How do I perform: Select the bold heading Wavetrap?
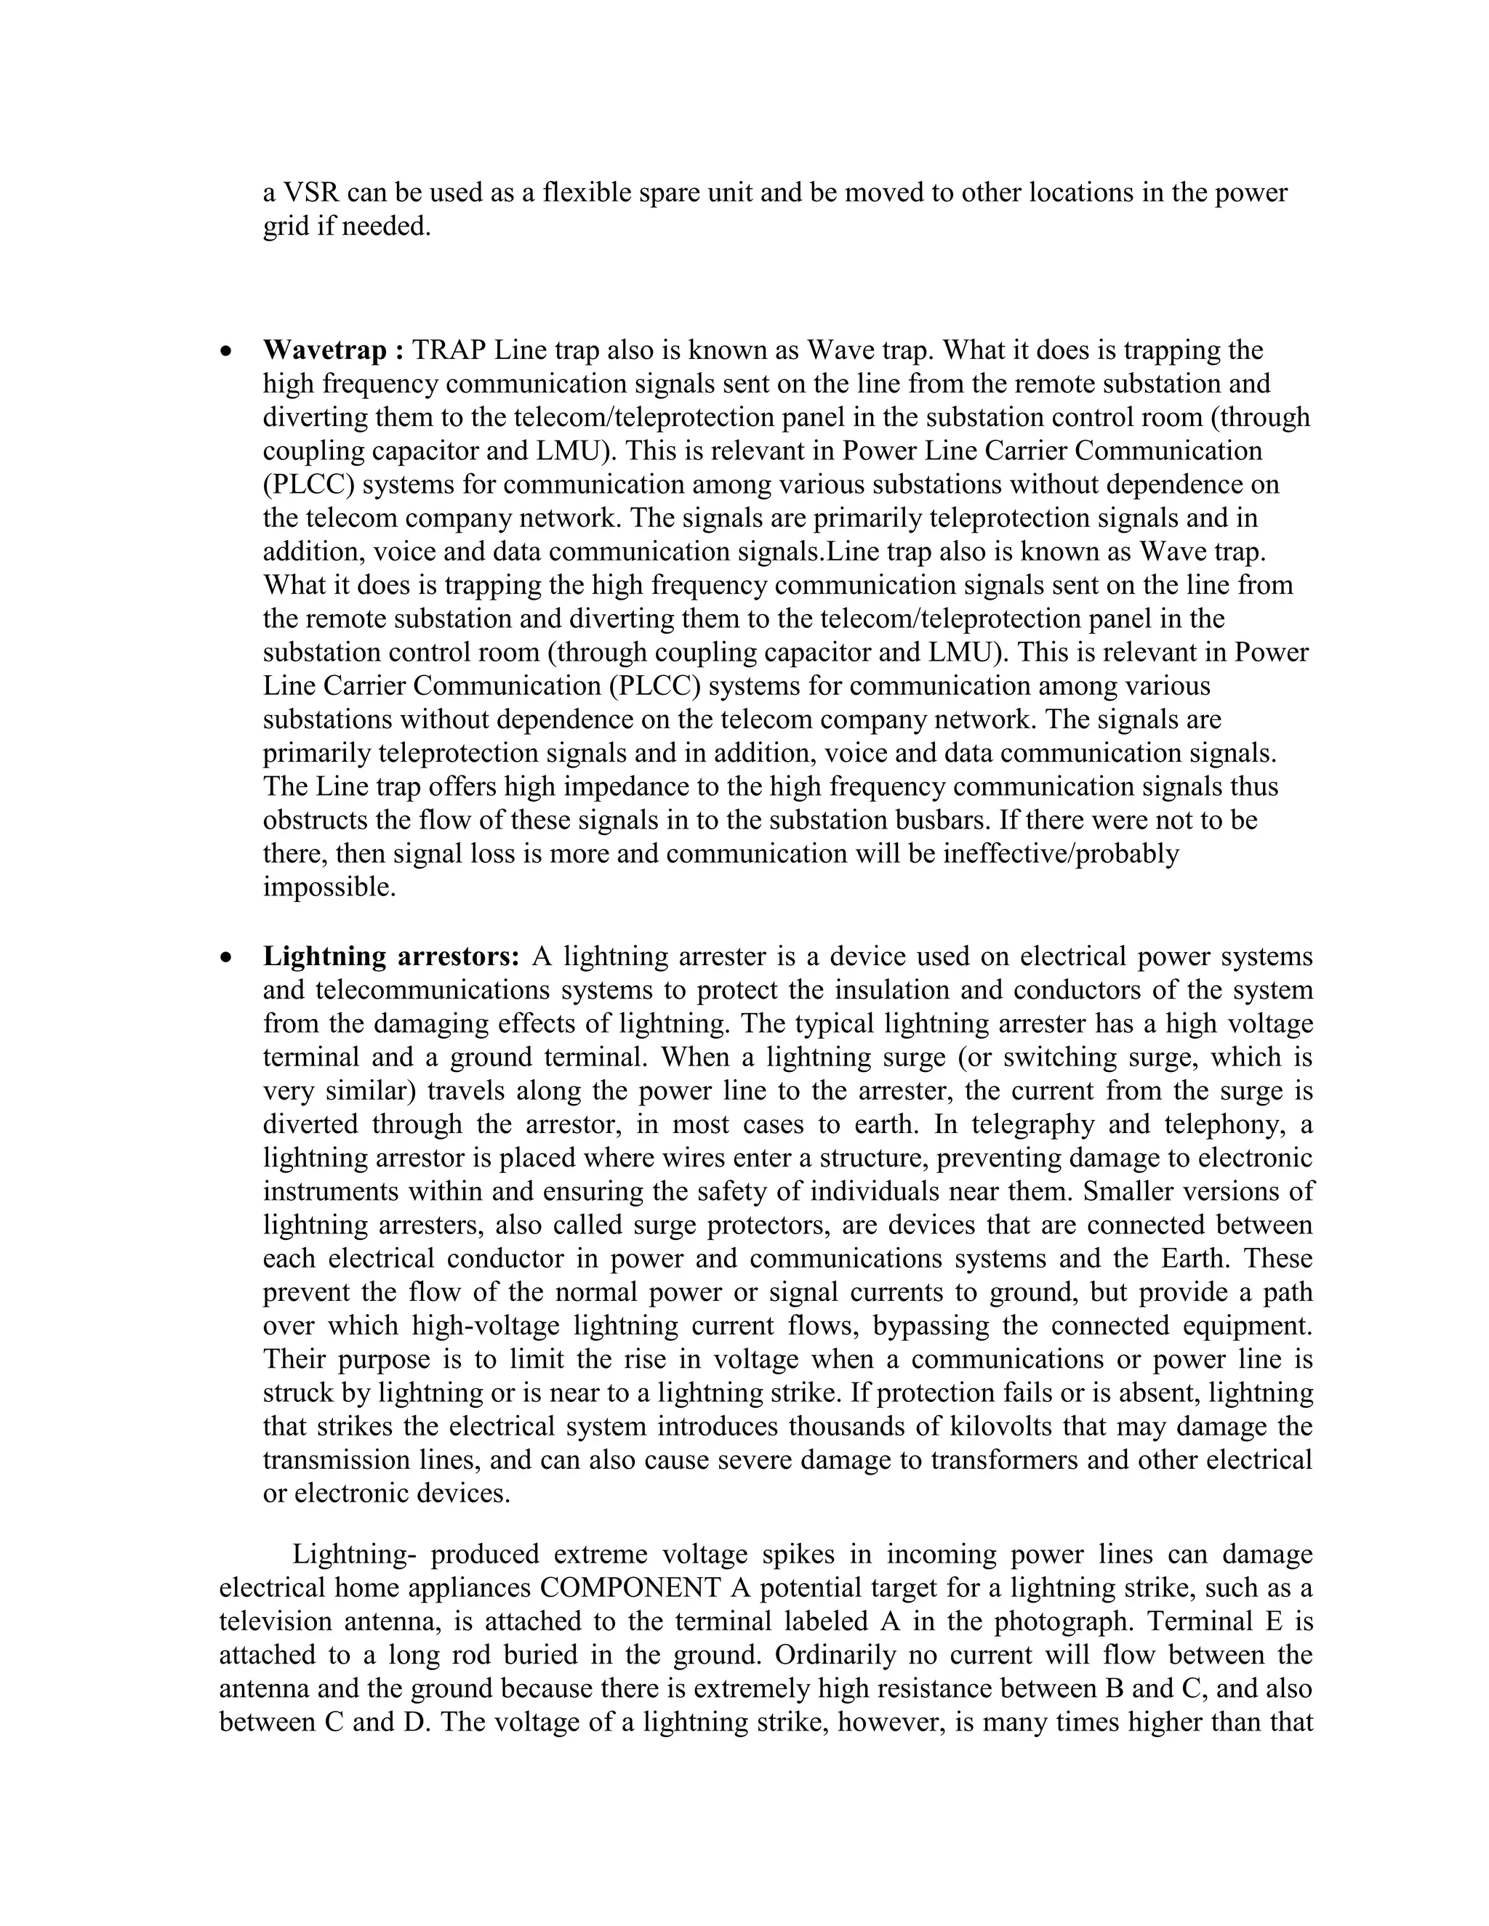tap(324, 350)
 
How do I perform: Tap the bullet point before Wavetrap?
tap(228, 352)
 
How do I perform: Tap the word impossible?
tap(329, 887)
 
